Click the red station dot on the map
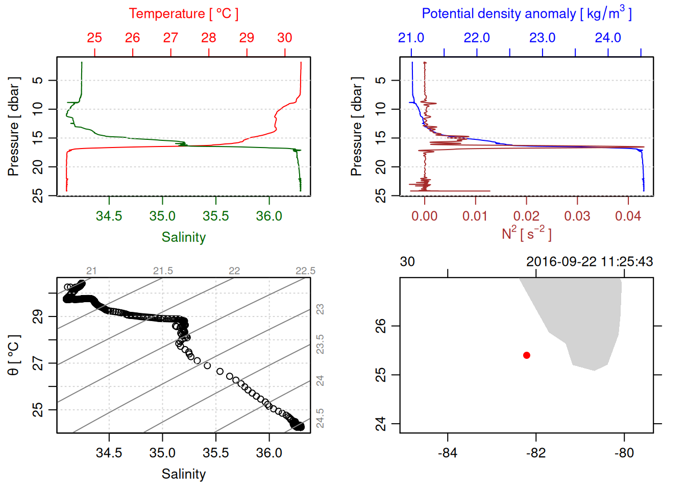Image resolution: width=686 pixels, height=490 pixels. point(526,355)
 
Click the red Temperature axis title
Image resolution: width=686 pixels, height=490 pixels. point(183,14)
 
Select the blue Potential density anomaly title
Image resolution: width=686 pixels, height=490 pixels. point(526,14)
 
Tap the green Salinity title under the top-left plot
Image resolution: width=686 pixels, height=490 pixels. point(183,237)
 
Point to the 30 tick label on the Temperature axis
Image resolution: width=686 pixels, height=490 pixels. point(285,38)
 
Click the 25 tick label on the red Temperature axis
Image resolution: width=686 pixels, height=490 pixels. point(94,38)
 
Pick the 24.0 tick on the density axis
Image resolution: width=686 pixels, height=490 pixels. point(608,38)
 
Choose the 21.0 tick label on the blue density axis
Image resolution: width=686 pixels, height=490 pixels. point(411,38)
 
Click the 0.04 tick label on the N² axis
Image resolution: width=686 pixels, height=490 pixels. point(628,216)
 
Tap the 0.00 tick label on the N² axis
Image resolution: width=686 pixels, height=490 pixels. point(424,216)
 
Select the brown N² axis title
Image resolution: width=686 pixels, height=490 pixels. point(526,234)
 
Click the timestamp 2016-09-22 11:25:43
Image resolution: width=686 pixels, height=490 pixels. point(590,262)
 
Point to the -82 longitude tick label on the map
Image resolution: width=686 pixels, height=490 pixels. point(536,453)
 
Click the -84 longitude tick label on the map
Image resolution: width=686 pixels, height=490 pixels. point(448,453)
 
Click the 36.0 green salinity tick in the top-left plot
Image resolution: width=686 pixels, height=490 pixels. point(269,216)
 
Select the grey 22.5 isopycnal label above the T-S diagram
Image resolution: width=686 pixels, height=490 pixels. point(305,271)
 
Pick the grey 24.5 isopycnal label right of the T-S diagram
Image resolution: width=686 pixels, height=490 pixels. point(320,418)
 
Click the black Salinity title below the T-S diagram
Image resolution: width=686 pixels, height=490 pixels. point(183,474)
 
